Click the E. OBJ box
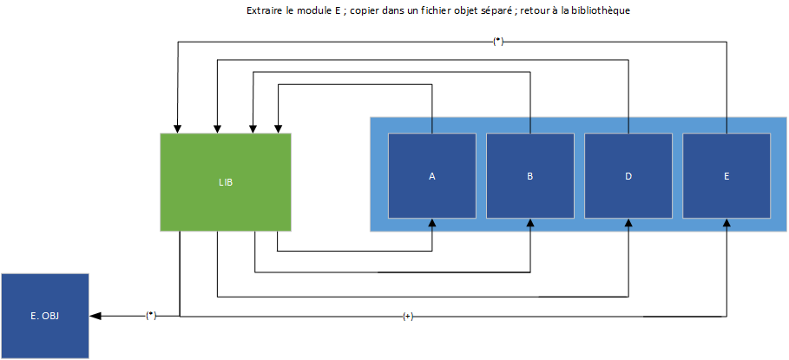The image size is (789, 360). click(45, 316)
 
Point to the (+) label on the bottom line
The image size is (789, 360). click(408, 317)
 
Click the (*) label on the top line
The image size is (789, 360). click(497, 42)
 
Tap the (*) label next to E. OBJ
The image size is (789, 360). click(151, 316)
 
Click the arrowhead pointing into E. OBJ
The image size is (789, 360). click(95, 316)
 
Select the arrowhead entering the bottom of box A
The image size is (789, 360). click(431, 223)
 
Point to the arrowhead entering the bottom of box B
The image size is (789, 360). click(529, 223)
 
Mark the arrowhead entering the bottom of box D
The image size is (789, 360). click(628, 223)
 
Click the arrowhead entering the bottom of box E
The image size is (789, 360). click(727, 223)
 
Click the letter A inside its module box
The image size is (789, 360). click(431, 176)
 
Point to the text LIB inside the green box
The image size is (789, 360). click(226, 183)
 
